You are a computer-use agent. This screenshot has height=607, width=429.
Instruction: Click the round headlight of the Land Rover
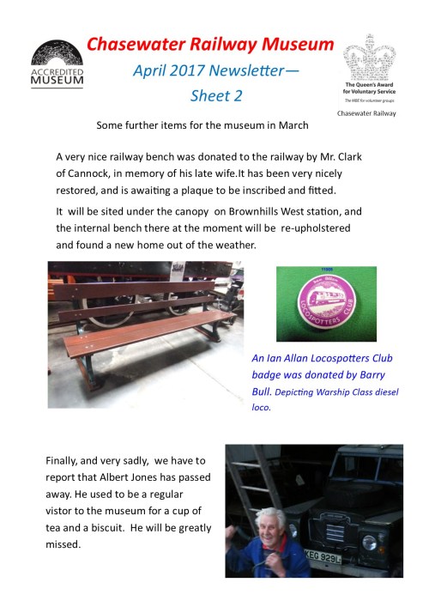point(371,543)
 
